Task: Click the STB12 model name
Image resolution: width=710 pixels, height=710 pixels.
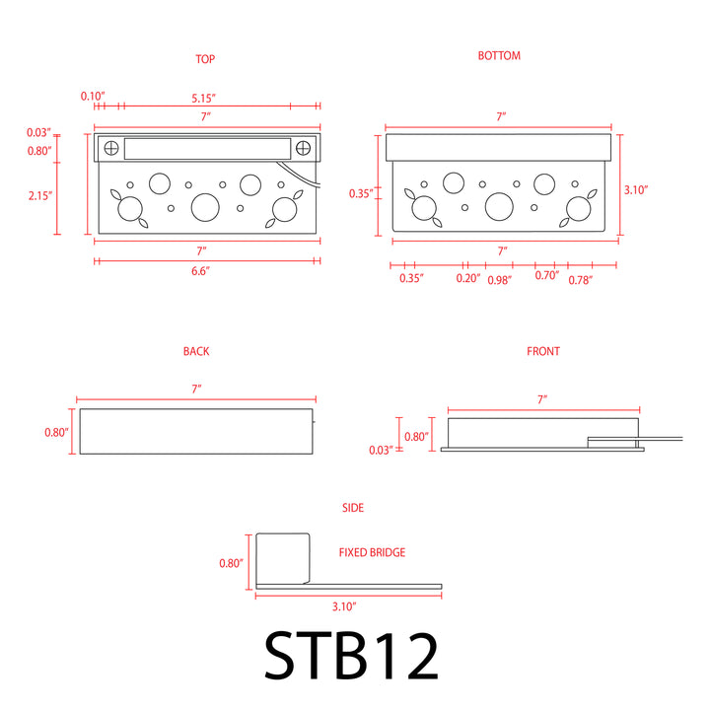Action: pyautogui.click(x=351, y=655)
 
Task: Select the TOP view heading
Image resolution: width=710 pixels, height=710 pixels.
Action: pyautogui.click(x=205, y=59)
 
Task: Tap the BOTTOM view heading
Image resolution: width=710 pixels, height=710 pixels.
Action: pyautogui.click(x=499, y=56)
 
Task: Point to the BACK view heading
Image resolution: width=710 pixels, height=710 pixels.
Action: pyautogui.click(x=195, y=351)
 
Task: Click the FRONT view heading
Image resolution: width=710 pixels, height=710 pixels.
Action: pyautogui.click(x=542, y=351)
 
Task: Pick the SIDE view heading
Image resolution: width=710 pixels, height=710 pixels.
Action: pyautogui.click(x=352, y=508)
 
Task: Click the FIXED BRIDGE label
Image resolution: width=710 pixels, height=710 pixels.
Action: pyautogui.click(x=372, y=553)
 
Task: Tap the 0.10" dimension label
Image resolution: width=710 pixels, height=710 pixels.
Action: pyautogui.click(x=93, y=96)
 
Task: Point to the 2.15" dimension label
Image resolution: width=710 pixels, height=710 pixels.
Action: pyautogui.click(x=39, y=195)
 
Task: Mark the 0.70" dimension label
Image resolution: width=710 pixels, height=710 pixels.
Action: pyautogui.click(x=546, y=275)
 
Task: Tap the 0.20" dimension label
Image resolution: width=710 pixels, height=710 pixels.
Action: pyautogui.click(x=468, y=278)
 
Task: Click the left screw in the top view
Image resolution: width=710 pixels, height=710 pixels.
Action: pyautogui.click(x=111, y=148)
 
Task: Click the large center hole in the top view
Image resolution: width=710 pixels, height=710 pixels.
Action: pyautogui.click(x=205, y=206)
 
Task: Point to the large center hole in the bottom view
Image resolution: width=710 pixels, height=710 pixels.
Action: pyautogui.click(x=499, y=206)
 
